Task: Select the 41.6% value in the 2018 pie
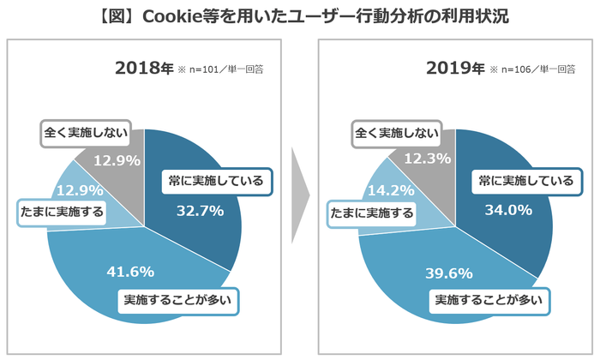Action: click(x=129, y=272)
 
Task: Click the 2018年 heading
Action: click(x=143, y=69)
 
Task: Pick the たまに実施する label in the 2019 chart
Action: click(x=371, y=213)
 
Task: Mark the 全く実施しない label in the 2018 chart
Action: click(x=85, y=133)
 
